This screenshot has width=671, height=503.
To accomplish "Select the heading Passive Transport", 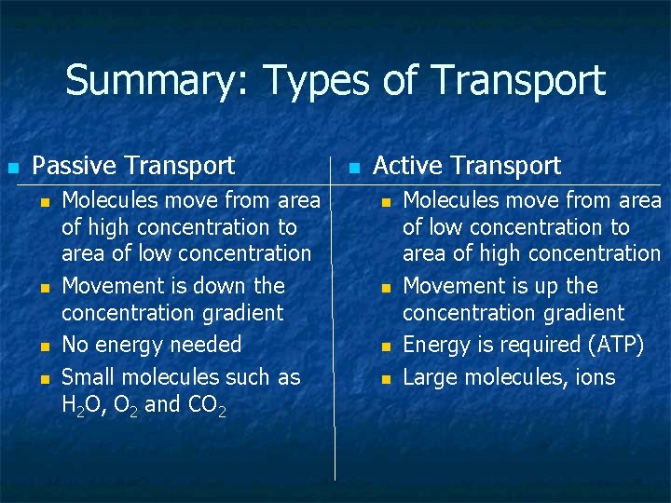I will coord(133,166).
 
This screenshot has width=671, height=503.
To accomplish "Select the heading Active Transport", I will coord(467,166).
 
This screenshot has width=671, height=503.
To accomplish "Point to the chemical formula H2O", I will coord(85,404).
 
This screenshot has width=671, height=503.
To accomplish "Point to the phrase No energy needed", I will coord(151,345).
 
